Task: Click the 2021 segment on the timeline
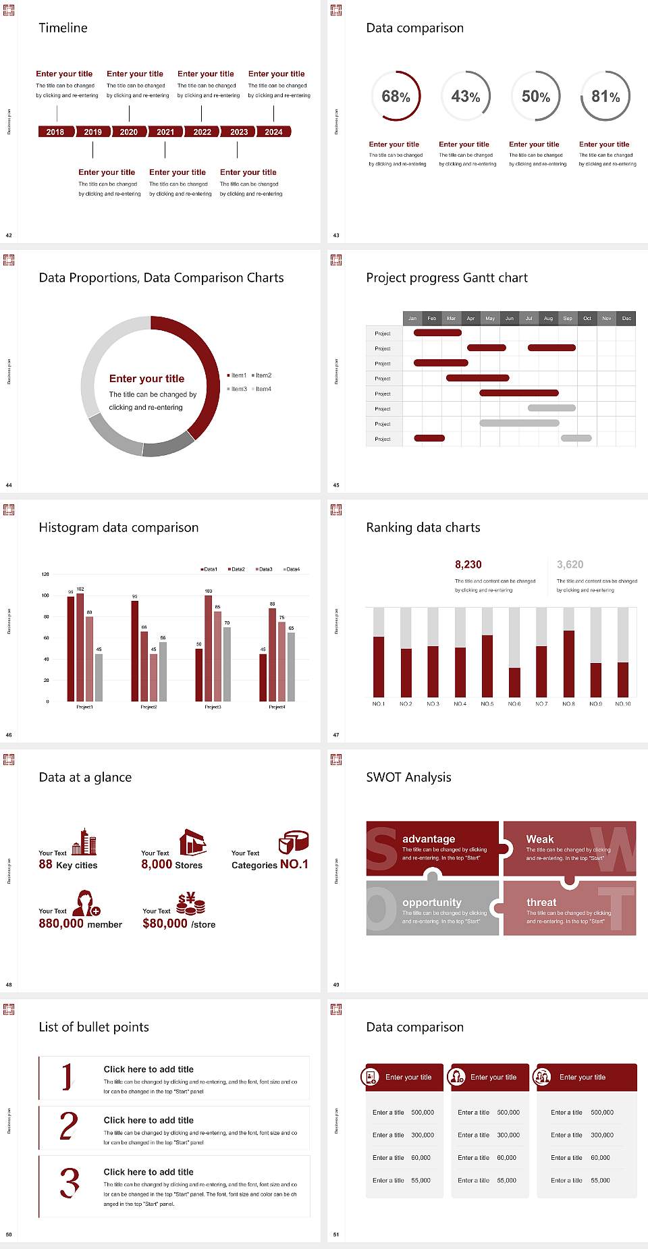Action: click(x=165, y=132)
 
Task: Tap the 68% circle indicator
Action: click(x=396, y=97)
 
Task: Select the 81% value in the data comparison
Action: click(x=605, y=97)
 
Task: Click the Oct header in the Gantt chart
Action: click(x=587, y=318)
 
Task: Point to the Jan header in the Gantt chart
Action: click(x=412, y=318)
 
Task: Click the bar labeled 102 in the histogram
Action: click(x=80, y=645)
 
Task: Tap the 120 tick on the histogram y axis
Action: click(x=45, y=574)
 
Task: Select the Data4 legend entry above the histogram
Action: click(x=292, y=569)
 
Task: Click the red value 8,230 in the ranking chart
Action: click(x=468, y=564)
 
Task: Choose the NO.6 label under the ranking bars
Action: click(x=514, y=703)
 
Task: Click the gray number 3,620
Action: click(x=570, y=564)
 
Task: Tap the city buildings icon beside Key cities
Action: click(x=84, y=842)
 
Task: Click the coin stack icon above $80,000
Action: click(x=190, y=903)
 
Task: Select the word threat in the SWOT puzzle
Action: click(x=541, y=902)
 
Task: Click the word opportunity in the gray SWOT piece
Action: click(x=432, y=902)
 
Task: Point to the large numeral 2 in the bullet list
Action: click(x=69, y=1126)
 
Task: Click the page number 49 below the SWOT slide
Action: click(x=336, y=984)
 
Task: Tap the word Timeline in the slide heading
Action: click(x=63, y=28)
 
